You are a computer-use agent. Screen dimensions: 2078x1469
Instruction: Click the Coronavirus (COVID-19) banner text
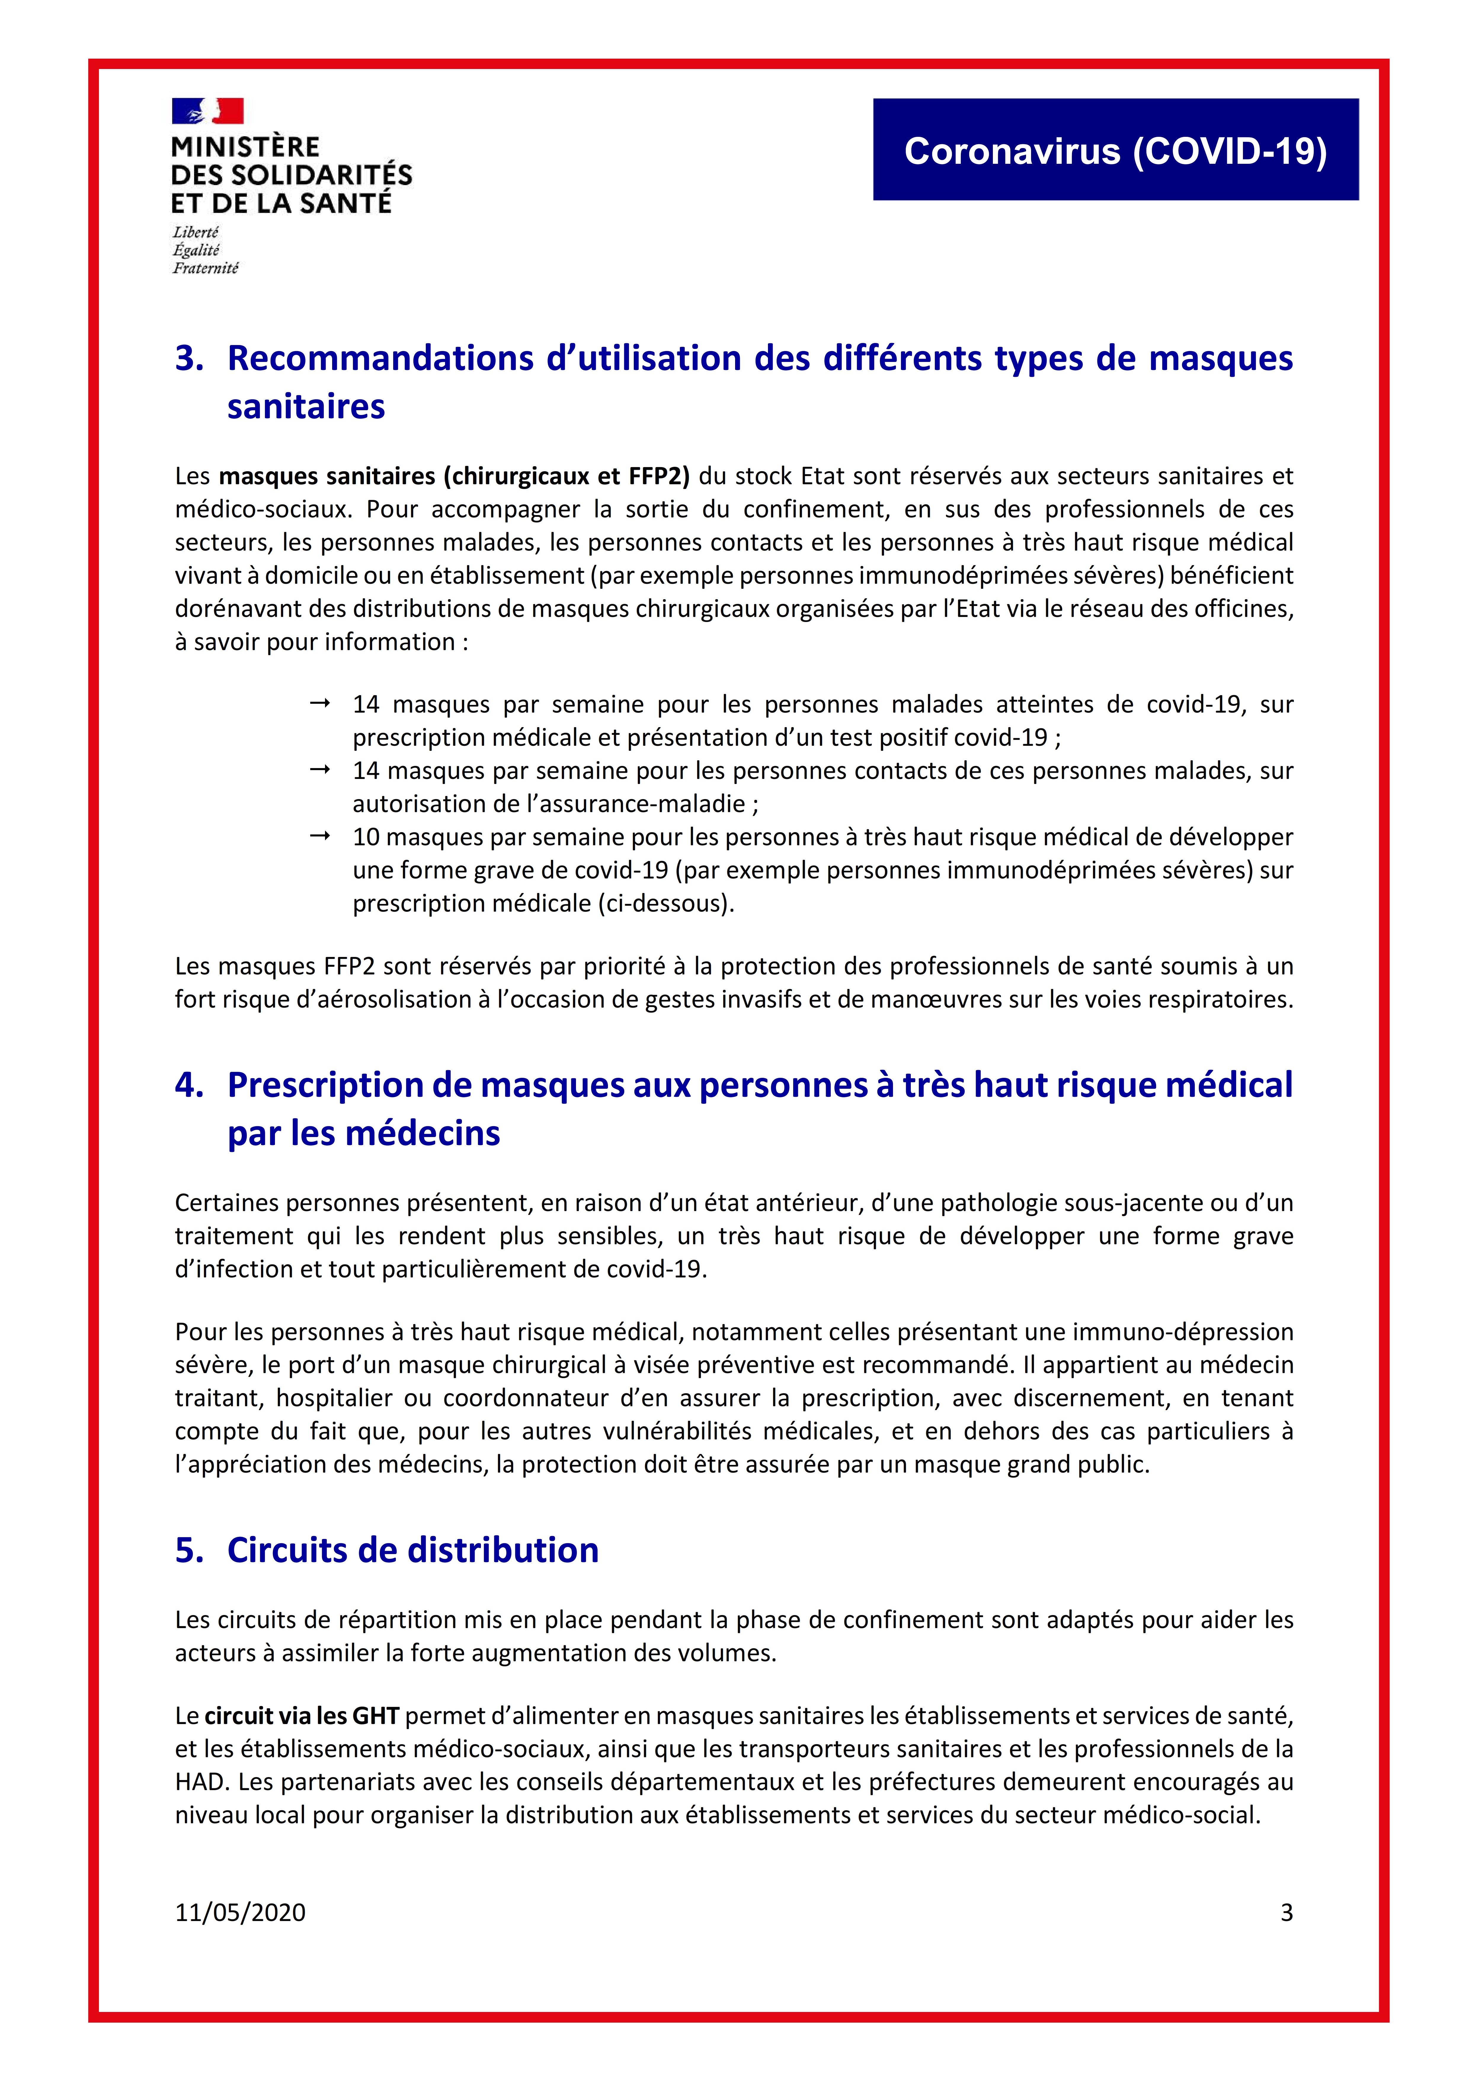tap(1115, 151)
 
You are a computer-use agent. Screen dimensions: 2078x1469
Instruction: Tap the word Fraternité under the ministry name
tap(205, 268)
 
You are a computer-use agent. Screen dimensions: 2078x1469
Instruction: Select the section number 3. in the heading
tap(189, 358)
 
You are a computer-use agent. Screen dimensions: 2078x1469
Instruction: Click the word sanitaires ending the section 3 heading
tap(306, 407)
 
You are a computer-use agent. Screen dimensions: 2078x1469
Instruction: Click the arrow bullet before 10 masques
tap(319, 836)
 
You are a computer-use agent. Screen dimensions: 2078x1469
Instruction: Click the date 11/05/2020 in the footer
tap(240, 1912)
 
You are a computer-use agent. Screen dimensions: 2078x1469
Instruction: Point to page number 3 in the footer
tap(1286, 1912)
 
